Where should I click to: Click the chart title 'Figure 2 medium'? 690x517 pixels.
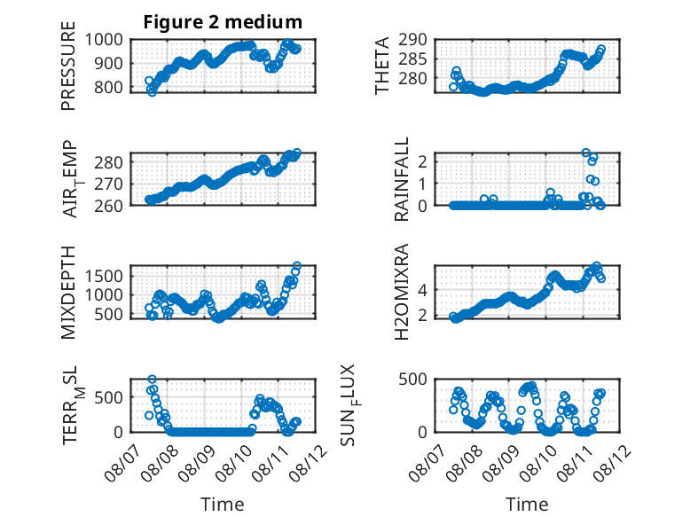point(223,22)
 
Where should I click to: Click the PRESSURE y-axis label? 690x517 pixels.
point(68,66)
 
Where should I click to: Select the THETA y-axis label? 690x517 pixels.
point(382,66)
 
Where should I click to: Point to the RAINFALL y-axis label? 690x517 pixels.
point(402,179)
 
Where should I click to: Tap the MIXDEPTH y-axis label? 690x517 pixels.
point(68,293)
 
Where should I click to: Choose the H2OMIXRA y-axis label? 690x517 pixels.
point(402,292)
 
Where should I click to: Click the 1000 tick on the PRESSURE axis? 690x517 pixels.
point(104,40)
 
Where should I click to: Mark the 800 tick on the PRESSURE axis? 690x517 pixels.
point(109,87)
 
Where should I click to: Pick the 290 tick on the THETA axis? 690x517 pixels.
point(412,40)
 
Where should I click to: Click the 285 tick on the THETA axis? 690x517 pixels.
point(412,59)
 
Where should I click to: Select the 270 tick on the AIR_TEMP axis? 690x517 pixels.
point(109,184)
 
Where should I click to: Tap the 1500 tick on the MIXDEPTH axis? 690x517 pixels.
point(104,277)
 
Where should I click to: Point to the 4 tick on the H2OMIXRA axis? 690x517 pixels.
point(422,290)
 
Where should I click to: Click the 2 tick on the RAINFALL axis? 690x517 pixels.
point(422,161)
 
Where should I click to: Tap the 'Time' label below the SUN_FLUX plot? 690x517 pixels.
point(527,505)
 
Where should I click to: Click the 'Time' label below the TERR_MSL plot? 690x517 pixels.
point(223,505)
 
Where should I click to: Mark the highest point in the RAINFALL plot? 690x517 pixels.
point(585,153)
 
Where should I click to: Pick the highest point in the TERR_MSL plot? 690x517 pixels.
point(153,380)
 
